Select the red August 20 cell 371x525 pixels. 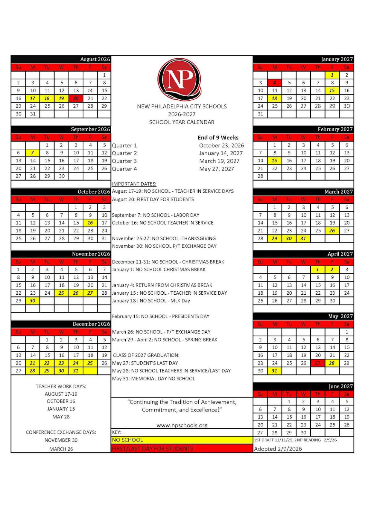coord(76,98)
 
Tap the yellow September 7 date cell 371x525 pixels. coord(33,153)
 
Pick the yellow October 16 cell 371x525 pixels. coord(90,223)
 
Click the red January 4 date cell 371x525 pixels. coord(275,83)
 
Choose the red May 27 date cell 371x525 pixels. coord(318,363)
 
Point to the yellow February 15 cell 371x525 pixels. coord(274,161)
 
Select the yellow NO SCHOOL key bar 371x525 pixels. coord(182,440)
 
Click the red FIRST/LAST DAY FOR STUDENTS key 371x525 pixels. coord(182,449)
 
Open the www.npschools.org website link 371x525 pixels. coord(182,425)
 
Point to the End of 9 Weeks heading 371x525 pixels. coord(218,138)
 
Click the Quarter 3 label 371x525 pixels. coord(124,161)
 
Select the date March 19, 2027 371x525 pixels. coord(219,161)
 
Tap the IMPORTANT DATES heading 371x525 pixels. coord(134,184)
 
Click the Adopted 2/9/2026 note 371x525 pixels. coord(278,449)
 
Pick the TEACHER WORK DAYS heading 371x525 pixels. coord(61,386)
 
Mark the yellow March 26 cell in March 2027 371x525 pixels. coord(332,231)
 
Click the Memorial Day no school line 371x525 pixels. coord(153,379)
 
